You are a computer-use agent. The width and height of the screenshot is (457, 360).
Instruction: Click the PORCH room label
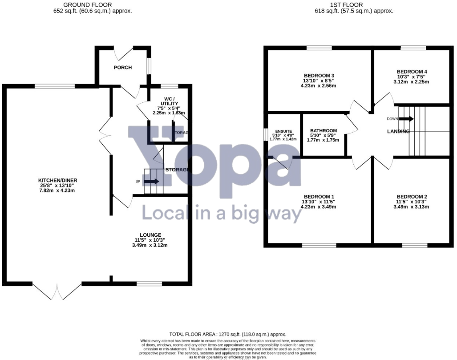123,68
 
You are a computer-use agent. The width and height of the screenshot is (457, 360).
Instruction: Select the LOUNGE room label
150,235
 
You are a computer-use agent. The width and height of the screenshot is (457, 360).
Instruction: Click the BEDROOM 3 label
319,75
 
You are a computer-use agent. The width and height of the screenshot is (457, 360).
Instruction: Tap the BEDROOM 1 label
319,197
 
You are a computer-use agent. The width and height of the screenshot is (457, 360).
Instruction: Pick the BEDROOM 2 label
412,197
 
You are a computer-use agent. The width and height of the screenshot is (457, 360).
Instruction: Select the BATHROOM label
324,131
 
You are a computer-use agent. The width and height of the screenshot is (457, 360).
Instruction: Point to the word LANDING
399,131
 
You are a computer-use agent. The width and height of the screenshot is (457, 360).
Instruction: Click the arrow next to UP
151,182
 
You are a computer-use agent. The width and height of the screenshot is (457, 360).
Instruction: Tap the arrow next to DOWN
406,119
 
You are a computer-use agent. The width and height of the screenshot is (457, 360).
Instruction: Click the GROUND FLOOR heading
92,5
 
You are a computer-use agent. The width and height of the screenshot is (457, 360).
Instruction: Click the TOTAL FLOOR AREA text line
228,334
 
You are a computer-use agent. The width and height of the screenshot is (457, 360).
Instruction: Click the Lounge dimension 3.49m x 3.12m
150,245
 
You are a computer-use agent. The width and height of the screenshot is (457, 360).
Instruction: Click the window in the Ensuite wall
266,133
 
